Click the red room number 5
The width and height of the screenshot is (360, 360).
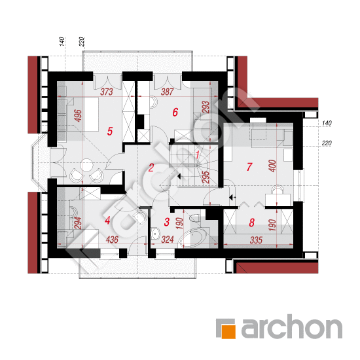[x=110, y=132]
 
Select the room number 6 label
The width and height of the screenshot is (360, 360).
[x=175, y=113]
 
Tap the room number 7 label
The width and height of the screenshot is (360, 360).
[x=249, y=167]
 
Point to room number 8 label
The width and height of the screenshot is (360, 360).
[x=252, y=223]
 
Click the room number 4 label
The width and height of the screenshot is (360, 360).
[x=107, y=221]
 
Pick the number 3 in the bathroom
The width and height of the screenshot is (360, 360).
[x=167, y=222]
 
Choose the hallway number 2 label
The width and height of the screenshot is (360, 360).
[x=151, y=168]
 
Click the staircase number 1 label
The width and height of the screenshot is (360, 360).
[x=198, y=154]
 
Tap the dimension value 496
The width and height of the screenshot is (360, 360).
[x=78, y=116]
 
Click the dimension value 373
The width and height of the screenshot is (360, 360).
[x=107, y=92]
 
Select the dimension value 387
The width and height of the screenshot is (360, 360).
[x=167, y=92]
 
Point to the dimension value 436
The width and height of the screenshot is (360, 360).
[x=112, y=240]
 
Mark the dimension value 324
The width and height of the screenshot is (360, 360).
[x=168, y=240]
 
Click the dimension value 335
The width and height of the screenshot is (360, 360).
[x=256, y=240]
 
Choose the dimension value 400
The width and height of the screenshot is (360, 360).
[x=272, y=166]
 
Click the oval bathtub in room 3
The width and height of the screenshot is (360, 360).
[x=193, y=238]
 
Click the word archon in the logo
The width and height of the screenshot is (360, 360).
[x=291, y=327]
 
